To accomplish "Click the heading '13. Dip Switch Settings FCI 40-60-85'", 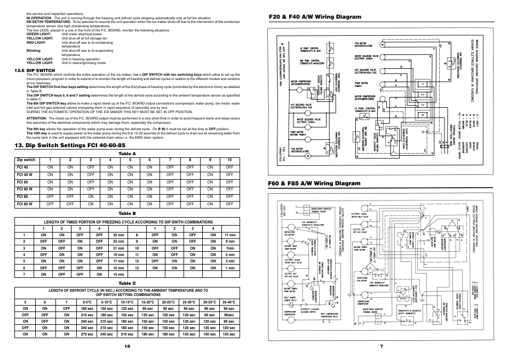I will coord(74,145).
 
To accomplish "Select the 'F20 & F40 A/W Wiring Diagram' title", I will coord(315,17).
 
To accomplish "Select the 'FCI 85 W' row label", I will coord(25,204).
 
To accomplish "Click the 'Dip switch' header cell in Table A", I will coord(26,160).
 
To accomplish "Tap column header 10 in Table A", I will coord(229,160).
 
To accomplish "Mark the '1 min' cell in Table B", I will coord(229,268).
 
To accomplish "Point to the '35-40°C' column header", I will coord(229,302).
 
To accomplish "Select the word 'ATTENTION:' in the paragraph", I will coord(37,118).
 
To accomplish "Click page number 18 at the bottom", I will coord(127,346).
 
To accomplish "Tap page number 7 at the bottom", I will coord(382,346).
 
